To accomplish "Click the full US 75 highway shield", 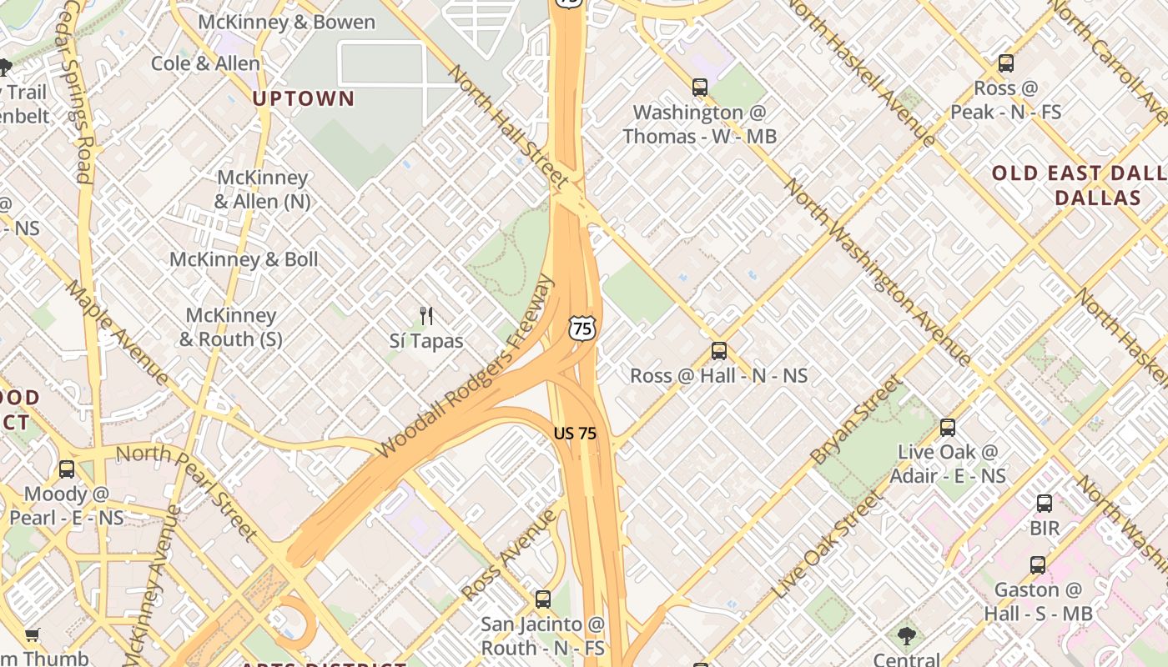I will (x=582, y=327).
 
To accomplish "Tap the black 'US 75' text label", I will (x=575, y=434).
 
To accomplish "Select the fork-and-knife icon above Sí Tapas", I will (x=426, y=315).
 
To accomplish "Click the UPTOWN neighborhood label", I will (x=304, y=98).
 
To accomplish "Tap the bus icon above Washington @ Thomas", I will (x=700, y=87).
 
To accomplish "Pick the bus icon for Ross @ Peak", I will (x=1006, y=63).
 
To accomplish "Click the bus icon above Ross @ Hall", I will (x=719, y=351).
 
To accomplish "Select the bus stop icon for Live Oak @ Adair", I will (x=948, y=428).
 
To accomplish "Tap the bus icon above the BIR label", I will (x=1045, y=504).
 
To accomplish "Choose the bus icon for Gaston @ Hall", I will (x=1038, y=565).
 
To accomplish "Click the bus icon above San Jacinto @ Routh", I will (x=543, y=599).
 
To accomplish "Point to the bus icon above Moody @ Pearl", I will (x=67, y=469).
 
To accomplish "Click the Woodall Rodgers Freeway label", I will (x=466, y=367).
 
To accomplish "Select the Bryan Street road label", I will (x=857, y=420).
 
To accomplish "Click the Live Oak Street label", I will (x=826, y=546).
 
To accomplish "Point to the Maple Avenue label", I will (x=117, y=332).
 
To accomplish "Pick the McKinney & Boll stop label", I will (x=244, y=259).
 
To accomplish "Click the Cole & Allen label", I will (x=205, y=63).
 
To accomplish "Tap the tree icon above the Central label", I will (x=907, y=636).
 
